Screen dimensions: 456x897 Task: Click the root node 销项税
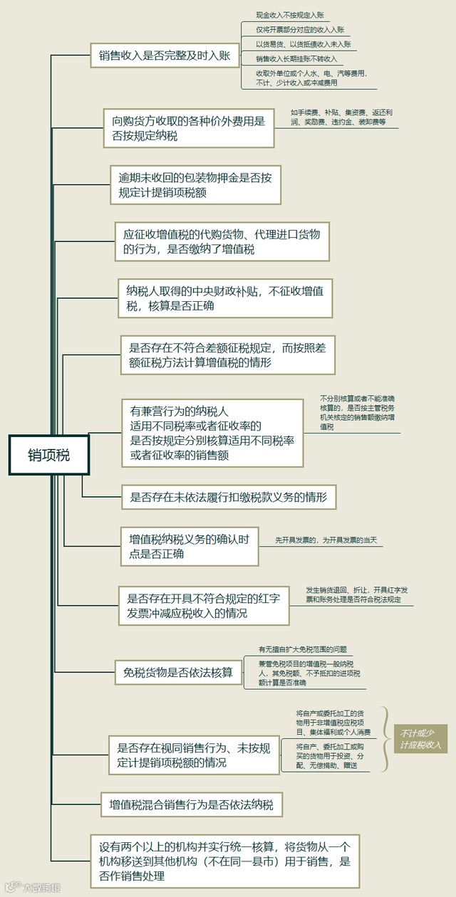click(49, 454)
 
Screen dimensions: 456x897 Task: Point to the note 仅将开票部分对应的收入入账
click(300, 29)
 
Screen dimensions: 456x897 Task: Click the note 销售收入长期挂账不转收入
click(296, 58)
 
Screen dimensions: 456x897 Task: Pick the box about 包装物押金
click(195, 184)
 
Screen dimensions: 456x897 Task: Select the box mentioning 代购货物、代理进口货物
click(222, 241)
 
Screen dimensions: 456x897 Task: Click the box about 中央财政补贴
click(225, 298)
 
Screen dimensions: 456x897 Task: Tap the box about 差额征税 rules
click(227, 355)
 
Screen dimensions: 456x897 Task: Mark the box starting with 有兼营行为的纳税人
click(212, 433)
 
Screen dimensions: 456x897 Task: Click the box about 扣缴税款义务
click(228, 497)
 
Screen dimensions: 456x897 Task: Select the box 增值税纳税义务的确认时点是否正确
click(189, 547)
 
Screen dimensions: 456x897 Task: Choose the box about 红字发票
click(204, 605)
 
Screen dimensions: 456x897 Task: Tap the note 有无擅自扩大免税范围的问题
click(303, 649)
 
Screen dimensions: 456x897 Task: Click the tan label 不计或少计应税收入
click(420, 739)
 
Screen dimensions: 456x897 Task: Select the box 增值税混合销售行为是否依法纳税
click(191, 805)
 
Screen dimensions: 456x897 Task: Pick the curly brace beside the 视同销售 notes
click(385, 739)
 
